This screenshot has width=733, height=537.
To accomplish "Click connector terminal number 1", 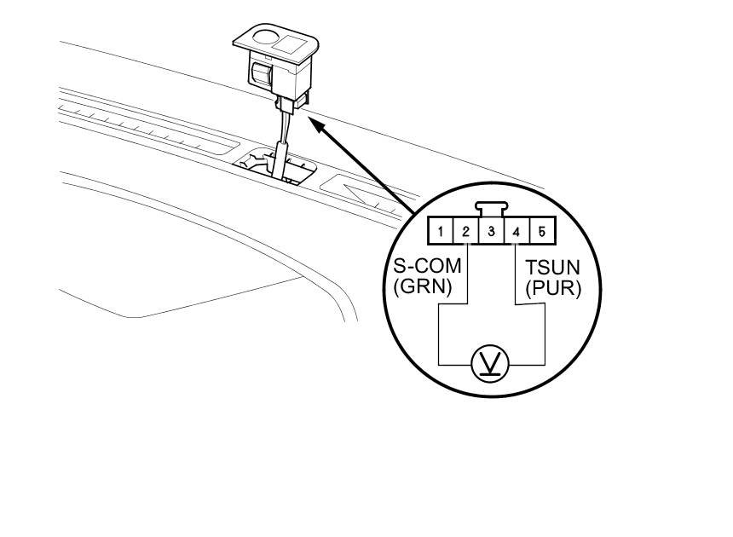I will point(440,231).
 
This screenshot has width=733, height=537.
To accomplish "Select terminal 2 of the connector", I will point(465,231).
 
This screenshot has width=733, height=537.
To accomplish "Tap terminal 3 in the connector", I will point(491,231).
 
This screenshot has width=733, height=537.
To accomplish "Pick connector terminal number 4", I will point(517,231).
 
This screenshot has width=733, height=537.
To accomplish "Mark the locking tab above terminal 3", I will point(490,208).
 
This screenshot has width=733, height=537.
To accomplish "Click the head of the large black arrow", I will point(313,124).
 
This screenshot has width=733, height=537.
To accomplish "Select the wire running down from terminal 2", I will point(469,273).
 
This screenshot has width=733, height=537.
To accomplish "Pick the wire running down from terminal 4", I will point(516,273).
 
